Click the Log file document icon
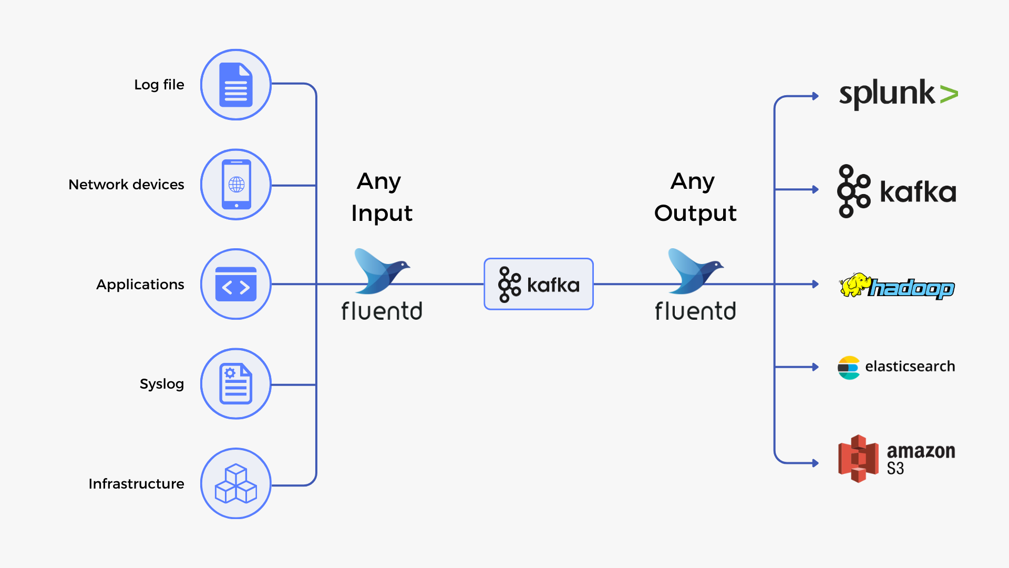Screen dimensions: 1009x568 [236, 85]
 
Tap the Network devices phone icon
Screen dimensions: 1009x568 [236, 185]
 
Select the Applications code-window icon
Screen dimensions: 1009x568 [236, 284]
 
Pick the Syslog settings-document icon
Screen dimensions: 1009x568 [236, 384]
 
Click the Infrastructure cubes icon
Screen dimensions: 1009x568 [236, 483]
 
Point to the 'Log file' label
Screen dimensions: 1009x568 [159, 85]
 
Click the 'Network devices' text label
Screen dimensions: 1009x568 [126, 185]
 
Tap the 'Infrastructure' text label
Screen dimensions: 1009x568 [136, 484]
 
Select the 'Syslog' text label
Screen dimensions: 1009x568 [162, 384]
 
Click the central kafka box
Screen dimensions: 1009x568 [539, 284]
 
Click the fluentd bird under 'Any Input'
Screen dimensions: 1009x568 [382, 271]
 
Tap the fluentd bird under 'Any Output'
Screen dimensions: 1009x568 [695, 271]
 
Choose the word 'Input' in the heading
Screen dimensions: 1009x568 [382, 213]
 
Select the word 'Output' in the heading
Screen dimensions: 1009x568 [695, 213]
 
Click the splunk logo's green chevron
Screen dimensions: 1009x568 [949, 94]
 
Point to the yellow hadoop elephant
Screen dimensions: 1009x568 [856, 285]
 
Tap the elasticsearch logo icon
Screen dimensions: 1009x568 [849, 368]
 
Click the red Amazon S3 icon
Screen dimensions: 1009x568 [858, 459]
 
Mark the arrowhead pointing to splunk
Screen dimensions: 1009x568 [816, 96]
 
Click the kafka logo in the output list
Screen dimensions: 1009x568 [897, 191]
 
